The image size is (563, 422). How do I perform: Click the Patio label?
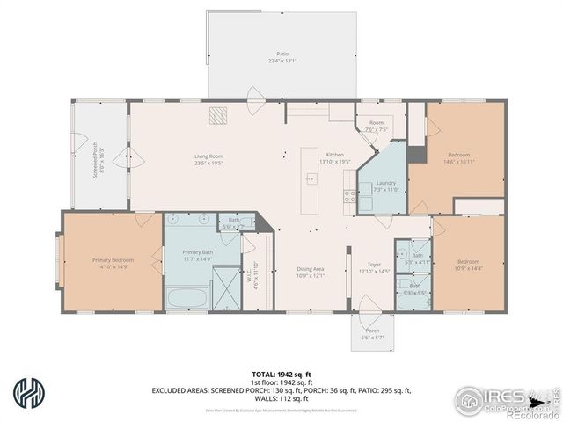tap(282, 57)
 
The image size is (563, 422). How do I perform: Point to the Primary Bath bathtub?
tap(186, 297)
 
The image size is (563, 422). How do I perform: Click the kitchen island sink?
tap(311, 178)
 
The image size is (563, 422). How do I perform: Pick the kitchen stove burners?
tap(350, 196)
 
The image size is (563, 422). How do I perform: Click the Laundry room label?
tap(387, 186)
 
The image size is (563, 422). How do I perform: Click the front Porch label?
tap(374, 334)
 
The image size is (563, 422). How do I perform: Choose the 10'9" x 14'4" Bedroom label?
tap(468, 265)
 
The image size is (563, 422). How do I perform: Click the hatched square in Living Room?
tap(217, 116)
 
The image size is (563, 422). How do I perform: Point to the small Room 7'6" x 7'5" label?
tap(376, 126)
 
